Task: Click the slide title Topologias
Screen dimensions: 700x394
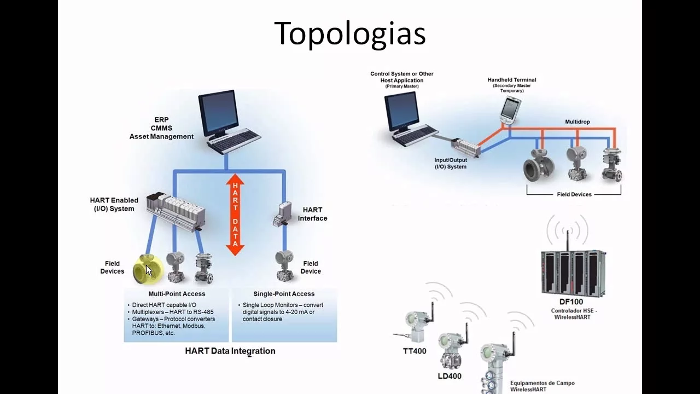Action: point(349,34)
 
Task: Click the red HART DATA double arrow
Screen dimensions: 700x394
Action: point(235,215)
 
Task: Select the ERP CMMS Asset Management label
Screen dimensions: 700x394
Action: point(161,128)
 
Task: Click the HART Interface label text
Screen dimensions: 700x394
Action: point(312,214)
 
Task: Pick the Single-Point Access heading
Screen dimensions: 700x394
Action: point(284,294)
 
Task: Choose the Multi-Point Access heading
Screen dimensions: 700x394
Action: point(177,294)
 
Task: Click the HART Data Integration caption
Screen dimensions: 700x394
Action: point(230,351)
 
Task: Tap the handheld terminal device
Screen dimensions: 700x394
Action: point(510,110)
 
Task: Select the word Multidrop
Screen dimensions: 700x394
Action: point(577,121)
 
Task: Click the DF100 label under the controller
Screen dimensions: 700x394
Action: point(571,302)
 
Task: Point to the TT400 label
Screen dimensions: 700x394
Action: point(415,351)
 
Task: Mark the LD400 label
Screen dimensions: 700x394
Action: point(450,376)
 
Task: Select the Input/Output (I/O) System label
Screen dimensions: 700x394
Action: point(451,164)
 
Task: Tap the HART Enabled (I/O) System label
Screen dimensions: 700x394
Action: point(114,204)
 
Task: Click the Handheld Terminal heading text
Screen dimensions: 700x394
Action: point(512,80)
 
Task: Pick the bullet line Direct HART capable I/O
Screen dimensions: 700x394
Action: point(164,305)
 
